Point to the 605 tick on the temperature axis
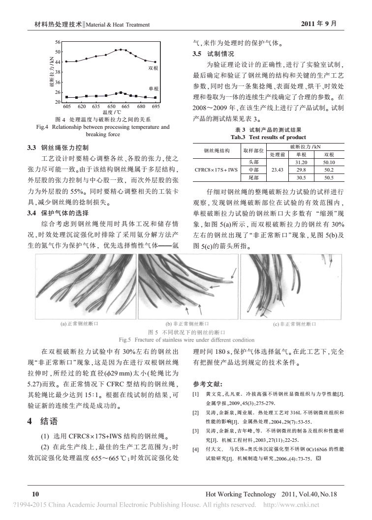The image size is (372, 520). pos(68,106)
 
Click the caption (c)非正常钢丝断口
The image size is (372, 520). pos(294,323)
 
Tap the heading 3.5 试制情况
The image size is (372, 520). pos(213,54)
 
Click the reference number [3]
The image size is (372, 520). pos(195,431)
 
